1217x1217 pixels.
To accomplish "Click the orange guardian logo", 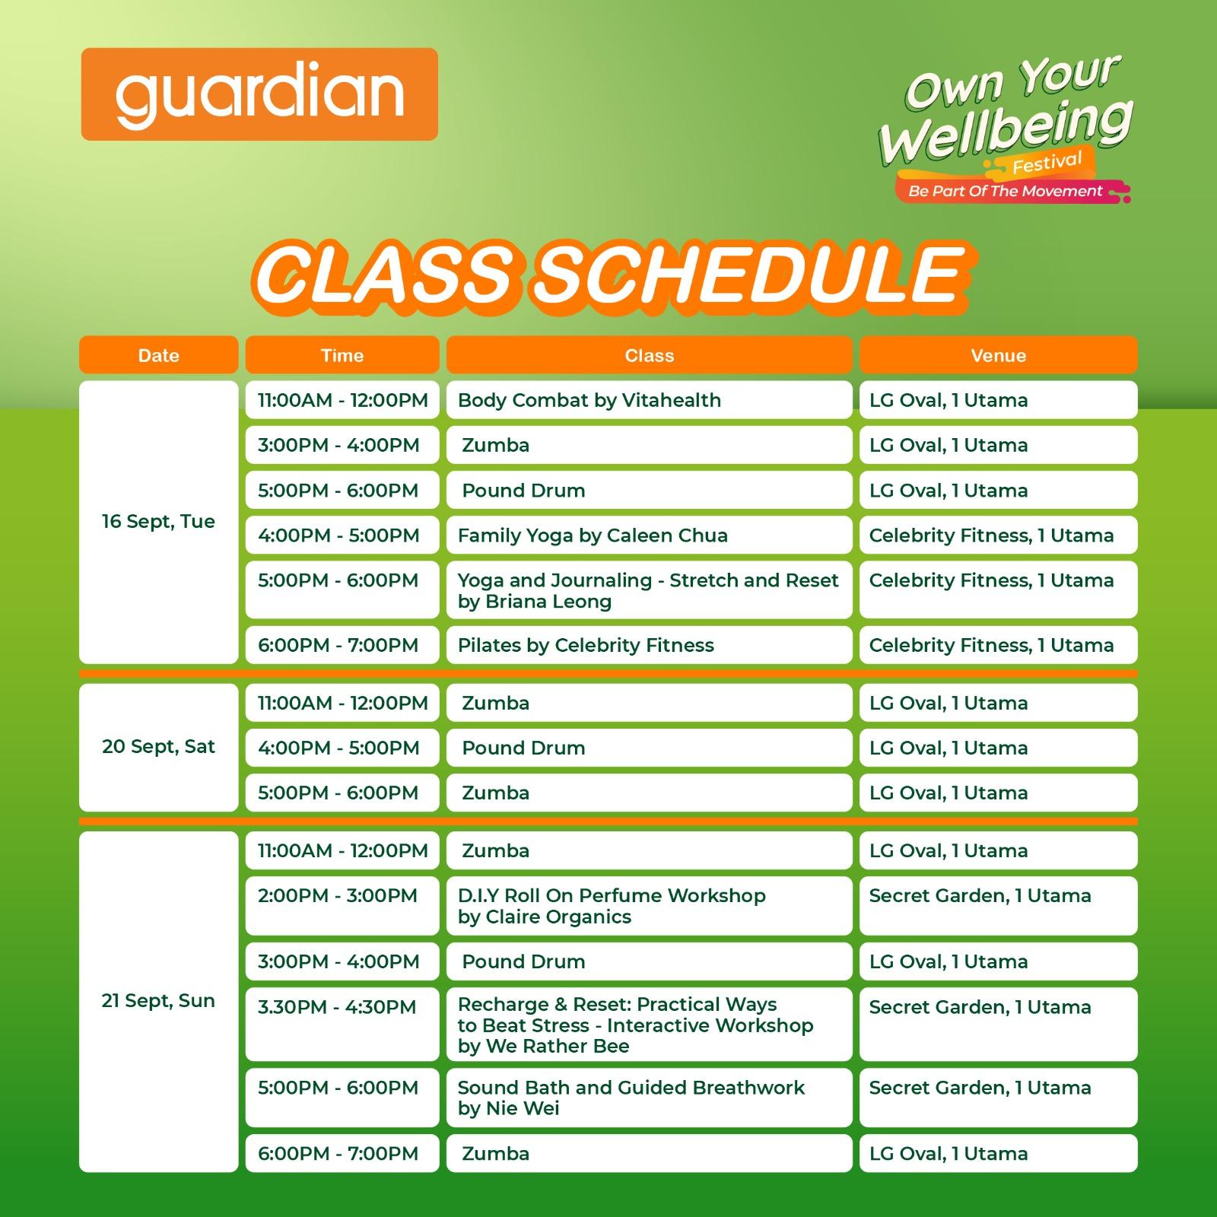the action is tap(259, 94).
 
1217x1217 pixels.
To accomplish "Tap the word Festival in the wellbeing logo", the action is tap(1047, 162).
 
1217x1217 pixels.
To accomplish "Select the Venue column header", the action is tap(998, 355).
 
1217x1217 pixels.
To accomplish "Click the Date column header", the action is tap(158, 355).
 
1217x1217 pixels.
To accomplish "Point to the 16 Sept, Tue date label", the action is tap(158, 522).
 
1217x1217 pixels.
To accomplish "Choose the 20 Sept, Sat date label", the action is tap(158, 747).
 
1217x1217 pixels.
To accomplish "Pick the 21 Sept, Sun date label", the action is tap(158, 1001).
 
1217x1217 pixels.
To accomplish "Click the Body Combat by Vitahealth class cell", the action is tap(649, 400).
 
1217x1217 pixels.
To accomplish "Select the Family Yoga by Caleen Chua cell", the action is tap(649, 535).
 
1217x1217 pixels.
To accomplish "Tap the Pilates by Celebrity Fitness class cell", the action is tap(649, 645).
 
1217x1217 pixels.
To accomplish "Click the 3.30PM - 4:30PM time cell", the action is tap(342, 1024).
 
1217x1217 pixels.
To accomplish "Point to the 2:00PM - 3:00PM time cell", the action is tap(342, 906).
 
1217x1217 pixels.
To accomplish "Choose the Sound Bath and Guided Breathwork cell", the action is tap(649, 1098).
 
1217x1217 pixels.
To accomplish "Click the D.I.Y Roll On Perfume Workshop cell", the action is tap(649, 906).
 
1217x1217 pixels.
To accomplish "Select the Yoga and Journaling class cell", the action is tap(649, 589).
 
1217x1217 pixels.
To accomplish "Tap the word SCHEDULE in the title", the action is tap(749, 274).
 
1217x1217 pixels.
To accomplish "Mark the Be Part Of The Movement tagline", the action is tap(1006, 191).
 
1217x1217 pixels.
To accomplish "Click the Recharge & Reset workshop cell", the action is tap(649, 1024).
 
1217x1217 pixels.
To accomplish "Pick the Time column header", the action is tap(342, 355).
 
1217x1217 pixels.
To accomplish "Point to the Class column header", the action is tap(649, 355).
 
